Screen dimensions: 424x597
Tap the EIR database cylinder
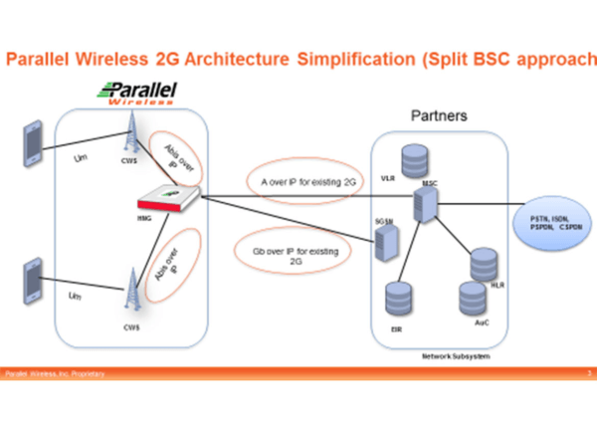[397, 301]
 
